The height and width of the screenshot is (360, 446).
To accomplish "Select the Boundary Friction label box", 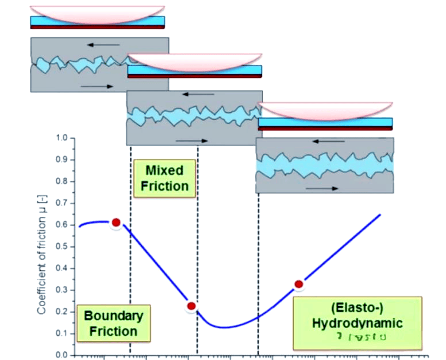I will [114, 323].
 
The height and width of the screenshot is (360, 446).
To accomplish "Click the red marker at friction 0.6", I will [116, 222].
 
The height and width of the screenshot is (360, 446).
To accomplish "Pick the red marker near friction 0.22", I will [191, 306].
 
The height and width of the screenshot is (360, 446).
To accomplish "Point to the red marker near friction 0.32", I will [298, 284].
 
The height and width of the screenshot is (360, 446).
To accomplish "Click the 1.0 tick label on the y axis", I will [61, 138].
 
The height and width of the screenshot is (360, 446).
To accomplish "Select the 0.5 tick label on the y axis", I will [61, 247].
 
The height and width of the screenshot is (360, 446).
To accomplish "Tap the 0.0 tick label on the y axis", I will [61, 355].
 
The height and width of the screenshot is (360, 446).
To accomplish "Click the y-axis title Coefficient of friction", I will [42, 247].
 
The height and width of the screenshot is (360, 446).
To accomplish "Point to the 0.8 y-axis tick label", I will [61, 181].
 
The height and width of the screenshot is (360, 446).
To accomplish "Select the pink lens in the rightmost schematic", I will [325, 110].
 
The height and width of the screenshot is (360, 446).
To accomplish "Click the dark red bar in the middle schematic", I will [194, 76].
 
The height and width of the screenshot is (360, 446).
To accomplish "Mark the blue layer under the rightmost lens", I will [325, 122].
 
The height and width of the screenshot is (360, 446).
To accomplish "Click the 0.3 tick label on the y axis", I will [61, 290].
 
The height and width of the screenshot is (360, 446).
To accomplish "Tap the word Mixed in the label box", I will [164, 170].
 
